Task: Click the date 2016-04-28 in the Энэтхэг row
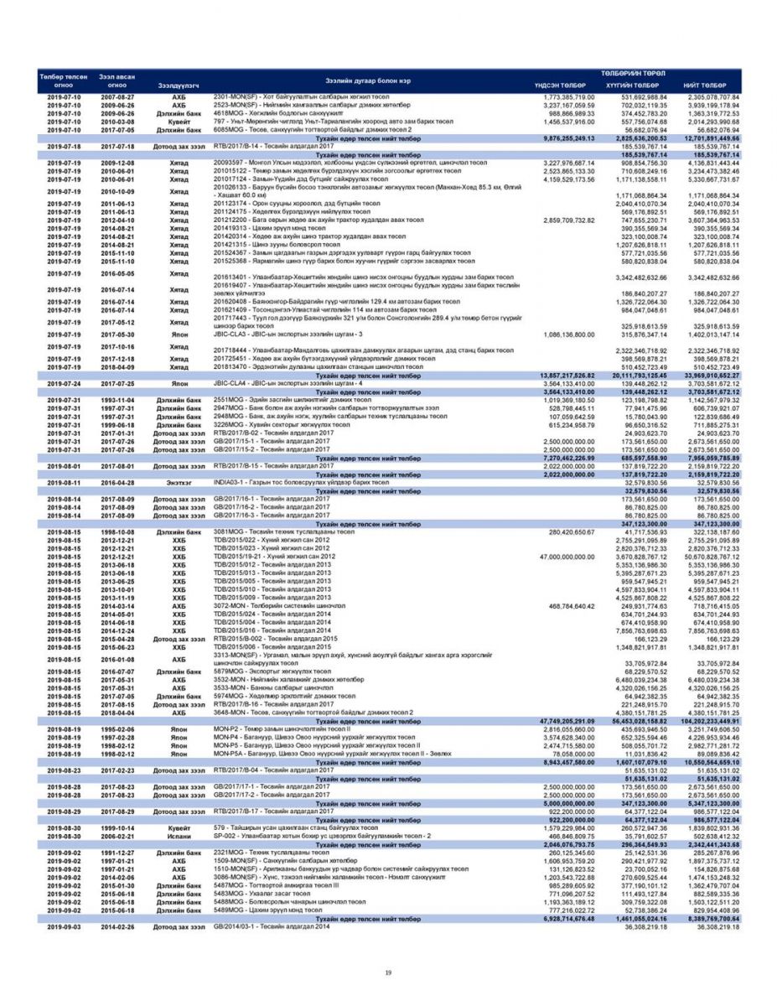118,483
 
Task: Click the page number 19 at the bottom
388,972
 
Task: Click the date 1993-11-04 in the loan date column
118,400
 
